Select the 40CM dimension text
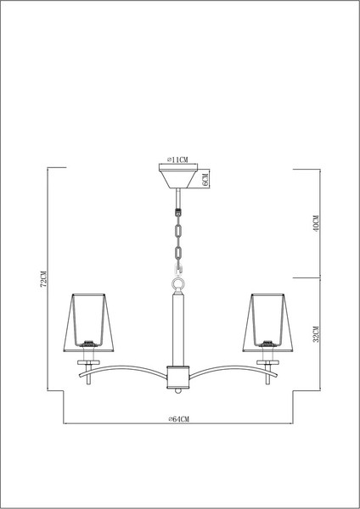tap(315, 223)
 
